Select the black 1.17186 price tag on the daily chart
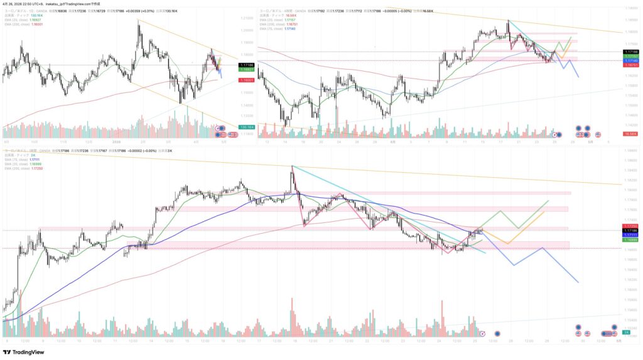[246, 65]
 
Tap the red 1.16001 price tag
[246, 80]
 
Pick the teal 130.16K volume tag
[246, 128]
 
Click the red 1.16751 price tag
[630, 65]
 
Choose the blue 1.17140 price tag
[630, 60]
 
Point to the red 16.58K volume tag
[630, 134]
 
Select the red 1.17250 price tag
[630, 226]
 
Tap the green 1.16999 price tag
[630, 239]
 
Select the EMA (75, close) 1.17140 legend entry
[277, 28]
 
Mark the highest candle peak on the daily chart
[138, 19]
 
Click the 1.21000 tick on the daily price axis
[247, 18]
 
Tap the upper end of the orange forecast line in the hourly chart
[544, 212]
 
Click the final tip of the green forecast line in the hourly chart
[549, 201]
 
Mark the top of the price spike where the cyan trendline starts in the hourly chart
[292, 166]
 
